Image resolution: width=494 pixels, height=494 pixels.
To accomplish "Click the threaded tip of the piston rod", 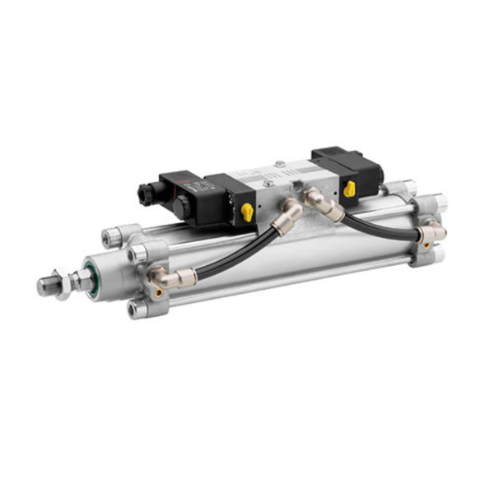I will (x=46, y=286).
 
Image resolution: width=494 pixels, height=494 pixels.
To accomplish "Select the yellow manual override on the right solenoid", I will (x=349, y=189).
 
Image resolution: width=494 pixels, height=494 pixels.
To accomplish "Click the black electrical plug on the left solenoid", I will (x=151, y=195).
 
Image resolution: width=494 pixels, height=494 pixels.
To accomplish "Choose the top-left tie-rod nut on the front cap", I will (x=110, y=238).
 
